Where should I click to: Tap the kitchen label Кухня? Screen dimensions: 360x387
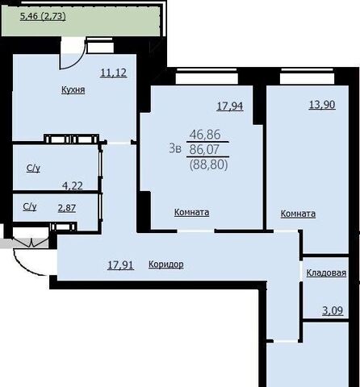click(x=73, y=89)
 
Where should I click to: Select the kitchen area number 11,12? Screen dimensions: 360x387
click(x=114, y=73)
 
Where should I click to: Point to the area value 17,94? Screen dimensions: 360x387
click(x=230, y=106)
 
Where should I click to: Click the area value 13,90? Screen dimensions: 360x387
click(x=322, y=105)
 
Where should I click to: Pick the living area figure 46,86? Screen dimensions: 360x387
click(x=205, y=134)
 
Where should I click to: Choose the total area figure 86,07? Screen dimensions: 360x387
click(x=204, y=149)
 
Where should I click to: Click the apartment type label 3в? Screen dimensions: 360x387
click(x=175, y=148)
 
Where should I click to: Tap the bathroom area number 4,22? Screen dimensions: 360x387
click(x=73, y=185)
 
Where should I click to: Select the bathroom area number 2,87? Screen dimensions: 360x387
click(x=67, y=208)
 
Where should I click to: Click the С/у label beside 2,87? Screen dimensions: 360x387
click(x=30, y=206)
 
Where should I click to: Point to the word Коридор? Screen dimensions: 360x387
click(x=166, y=264)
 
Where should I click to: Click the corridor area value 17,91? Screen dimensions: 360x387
click(x=120, y=265)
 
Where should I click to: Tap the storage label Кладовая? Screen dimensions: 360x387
click(x=326, y=273)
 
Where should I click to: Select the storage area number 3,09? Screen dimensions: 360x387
click(x=333, y=311)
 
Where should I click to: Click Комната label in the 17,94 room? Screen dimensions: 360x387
click(x=191, y=212)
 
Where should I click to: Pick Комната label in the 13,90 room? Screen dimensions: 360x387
click(x=298, y=214)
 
